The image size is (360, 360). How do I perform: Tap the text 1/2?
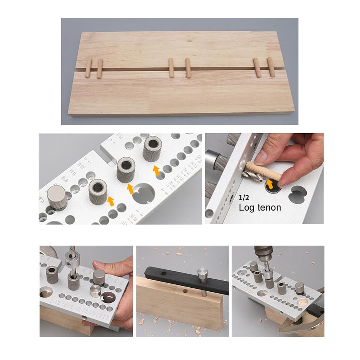[x=244, y=198]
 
